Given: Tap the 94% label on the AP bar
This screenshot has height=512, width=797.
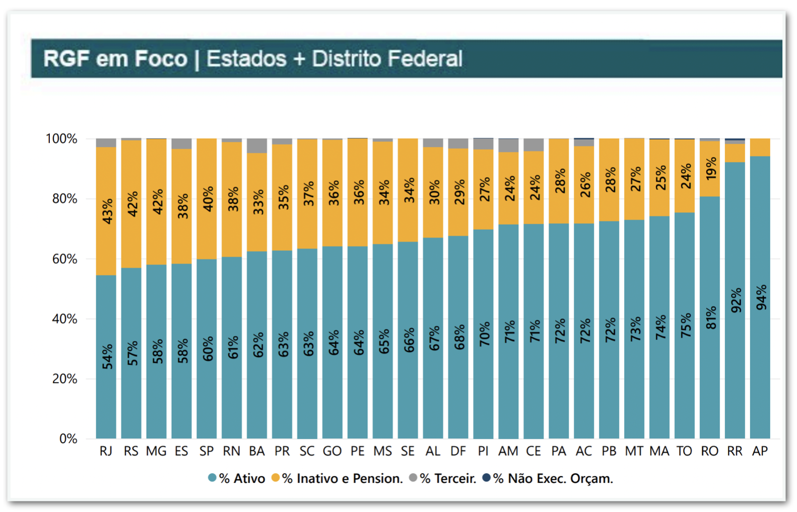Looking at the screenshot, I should point(761,297).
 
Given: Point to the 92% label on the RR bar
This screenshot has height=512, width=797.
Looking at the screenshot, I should point(736,300).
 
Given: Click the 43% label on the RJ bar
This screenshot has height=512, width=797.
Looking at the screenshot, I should point(107,212).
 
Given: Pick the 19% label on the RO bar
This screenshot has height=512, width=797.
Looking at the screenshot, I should point(711,169).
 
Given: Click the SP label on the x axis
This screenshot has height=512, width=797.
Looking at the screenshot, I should point(207,451).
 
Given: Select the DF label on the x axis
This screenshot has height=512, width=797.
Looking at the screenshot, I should point(458,451).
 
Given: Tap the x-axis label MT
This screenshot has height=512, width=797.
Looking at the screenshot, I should point(634,451).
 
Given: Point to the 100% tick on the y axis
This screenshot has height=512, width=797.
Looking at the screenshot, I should point(61,139).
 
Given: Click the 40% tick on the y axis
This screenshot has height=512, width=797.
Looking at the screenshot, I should point(64,319).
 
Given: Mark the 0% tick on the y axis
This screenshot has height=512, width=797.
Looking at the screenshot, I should point(68,439).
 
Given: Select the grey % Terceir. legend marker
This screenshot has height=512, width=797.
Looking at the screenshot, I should point(413,478).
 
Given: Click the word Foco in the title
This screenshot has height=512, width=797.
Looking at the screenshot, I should point(161,59).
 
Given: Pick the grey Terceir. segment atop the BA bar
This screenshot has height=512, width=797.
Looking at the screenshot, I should point(257,146).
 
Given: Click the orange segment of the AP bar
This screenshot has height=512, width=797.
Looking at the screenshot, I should point(760,147).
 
